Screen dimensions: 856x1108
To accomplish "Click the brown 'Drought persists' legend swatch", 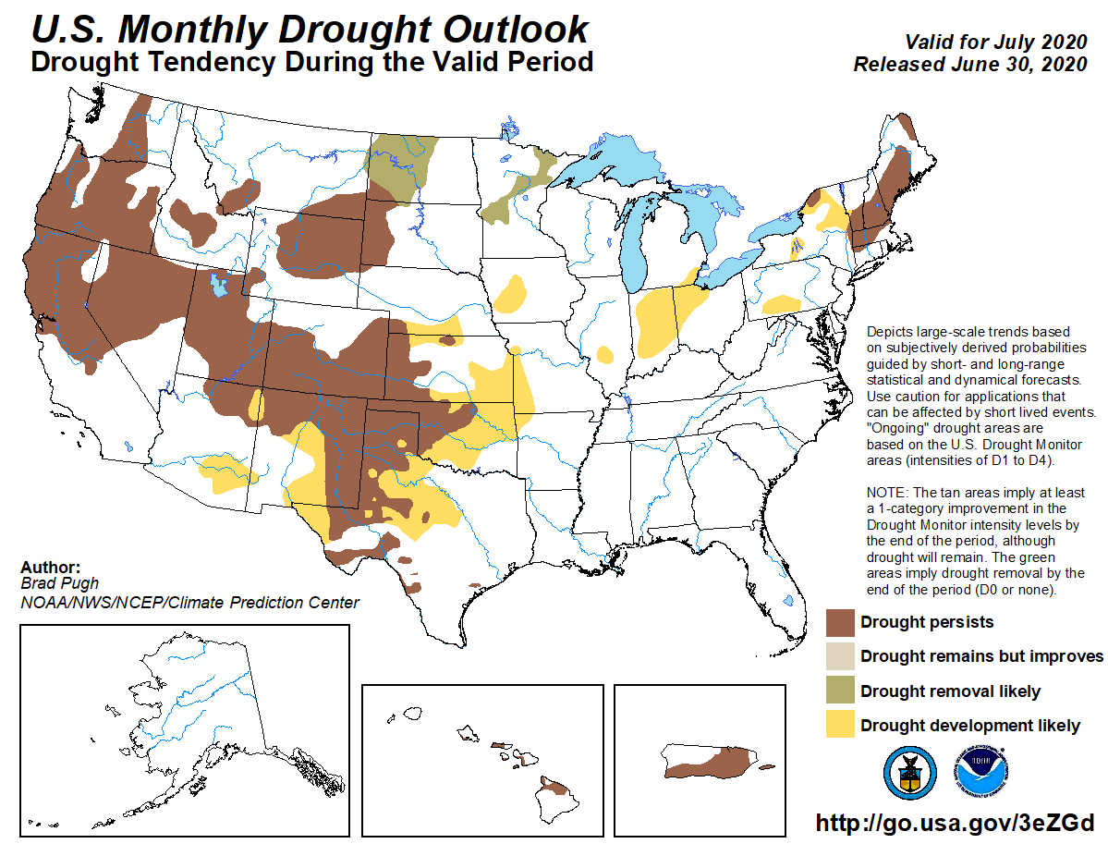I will (x=839, y=622).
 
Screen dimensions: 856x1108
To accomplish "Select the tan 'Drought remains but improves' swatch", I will (x=839, y=656).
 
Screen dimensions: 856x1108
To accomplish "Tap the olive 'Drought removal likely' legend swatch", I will (x=839, y=691).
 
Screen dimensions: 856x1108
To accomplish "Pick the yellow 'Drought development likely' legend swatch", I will (x=839, y=726).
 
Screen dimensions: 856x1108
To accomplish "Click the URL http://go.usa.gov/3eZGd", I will (x=955, y=823).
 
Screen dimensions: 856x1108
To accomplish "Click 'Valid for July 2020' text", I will (x=993, y=43).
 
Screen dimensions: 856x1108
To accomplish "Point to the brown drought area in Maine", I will (x=889, y=176).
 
